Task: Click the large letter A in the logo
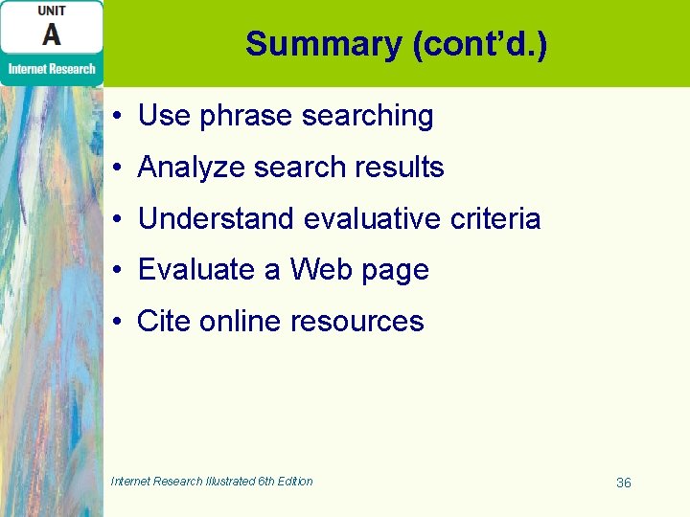[51, 35]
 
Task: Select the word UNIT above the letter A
[51, 11]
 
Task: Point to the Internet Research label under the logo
[52, 69]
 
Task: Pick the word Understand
[217, 219]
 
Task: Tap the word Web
[321, 270]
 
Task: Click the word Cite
[164, 322]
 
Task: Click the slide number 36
[624, 483]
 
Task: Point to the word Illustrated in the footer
[231, 482]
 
